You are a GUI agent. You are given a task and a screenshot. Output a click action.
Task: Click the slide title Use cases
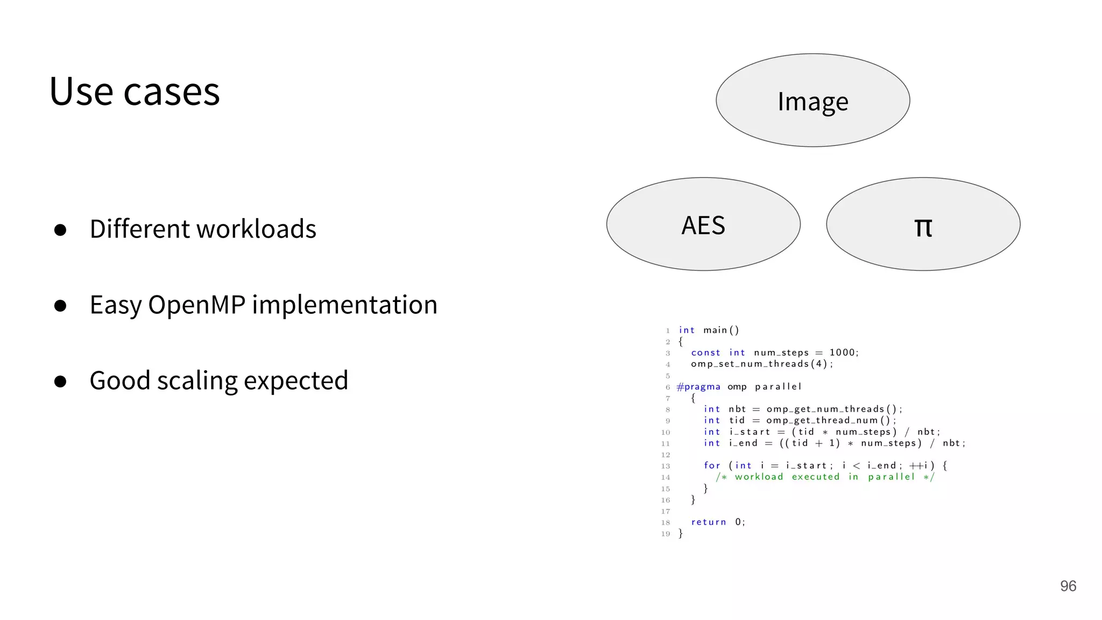click(x=135, y=91)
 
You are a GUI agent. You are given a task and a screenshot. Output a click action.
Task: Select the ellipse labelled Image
click(x=813, y=101)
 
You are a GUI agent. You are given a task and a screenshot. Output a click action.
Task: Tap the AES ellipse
click(x=703, y=224)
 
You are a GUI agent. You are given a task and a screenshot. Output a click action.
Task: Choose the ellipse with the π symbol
click(x=923, y=224)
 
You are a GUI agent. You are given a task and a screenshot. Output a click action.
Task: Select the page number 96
click(x=1068, y=586)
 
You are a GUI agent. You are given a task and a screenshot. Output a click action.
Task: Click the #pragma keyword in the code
click(x=698, y=386)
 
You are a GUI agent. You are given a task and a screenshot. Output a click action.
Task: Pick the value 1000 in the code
click(x=842, y=353)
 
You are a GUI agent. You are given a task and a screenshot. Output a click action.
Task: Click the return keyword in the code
click(x=708, y=522)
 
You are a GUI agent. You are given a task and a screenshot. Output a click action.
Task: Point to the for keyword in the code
click(x=712, y=466)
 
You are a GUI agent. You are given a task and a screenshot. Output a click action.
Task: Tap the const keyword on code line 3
click(x=705, y=353)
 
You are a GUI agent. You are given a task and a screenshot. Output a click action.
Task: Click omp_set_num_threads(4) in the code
click(x=761, y=364)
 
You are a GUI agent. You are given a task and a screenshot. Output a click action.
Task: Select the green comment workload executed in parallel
click(x=824, y=477)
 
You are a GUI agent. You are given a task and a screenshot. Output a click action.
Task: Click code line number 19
click(x=666, y=534)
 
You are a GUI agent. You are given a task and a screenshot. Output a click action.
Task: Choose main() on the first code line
click(x=721, y=330)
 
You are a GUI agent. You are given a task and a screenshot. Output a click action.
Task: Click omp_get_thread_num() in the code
click(x=830, y=420)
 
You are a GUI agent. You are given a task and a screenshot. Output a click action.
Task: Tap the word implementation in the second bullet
click(x=344, y=305)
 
